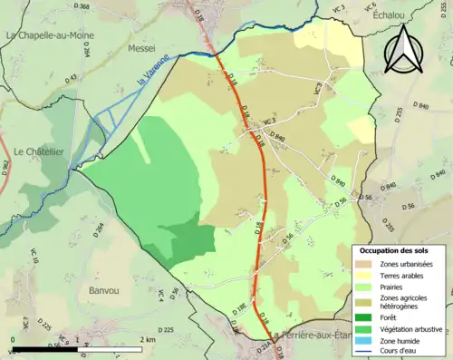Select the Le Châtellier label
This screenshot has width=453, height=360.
pyautogui.click(x=38, y=152)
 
